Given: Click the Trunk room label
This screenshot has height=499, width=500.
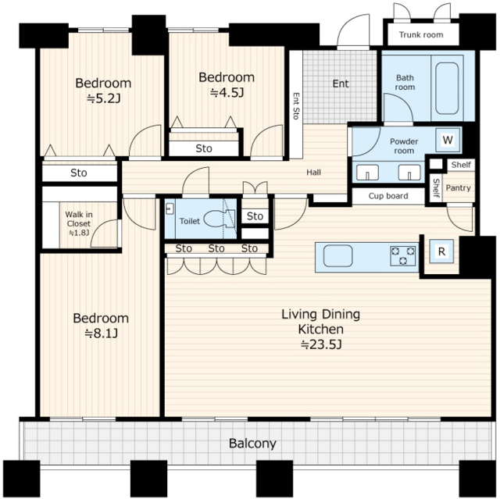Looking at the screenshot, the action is click(x=421, y=34).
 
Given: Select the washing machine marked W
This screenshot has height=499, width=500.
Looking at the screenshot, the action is click(x=448, y=140).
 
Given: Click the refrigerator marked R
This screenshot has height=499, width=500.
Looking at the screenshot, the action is click(x=441, y=251).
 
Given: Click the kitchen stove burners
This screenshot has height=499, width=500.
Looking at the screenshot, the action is click(x=403, y=256).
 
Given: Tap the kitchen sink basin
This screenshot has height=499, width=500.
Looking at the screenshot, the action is click(x=338, y=256).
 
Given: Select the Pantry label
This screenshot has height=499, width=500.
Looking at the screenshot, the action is click(x=458, y=187).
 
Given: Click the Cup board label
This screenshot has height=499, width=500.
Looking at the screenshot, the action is click(x=388, y=196).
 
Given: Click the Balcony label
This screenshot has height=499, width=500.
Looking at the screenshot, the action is click(x=252, y=444).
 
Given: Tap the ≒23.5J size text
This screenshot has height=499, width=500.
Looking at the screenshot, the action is click(x=321, y=344).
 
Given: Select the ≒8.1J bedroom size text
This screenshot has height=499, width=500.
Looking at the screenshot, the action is click(x=101, y=333).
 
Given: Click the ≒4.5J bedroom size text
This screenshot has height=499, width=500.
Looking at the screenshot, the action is click(x=227, y=93).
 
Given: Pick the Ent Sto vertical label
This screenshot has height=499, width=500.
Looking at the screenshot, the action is click(x=296, y=106).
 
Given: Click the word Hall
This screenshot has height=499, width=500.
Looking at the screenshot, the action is click(x=313, y=173).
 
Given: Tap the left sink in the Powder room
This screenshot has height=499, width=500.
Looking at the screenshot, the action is click(x=367, y=173).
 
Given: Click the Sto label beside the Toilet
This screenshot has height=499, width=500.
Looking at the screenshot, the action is click(x=255, y=216).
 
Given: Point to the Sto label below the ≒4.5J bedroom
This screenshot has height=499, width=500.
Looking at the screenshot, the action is click(x=204, y=148).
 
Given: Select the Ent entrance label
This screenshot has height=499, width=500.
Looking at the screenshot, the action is click(x=341, y=84).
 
